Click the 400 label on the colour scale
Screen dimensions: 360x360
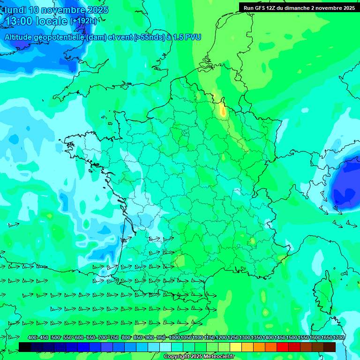pos(32,337)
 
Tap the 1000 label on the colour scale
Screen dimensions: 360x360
pos(174,337)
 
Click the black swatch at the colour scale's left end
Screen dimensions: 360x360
pos(25,347)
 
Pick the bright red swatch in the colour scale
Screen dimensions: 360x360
pos(283,347)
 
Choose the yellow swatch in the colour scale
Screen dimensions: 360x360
pos(236,347)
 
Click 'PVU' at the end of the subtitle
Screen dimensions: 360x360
pos(193,37)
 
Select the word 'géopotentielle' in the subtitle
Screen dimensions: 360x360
pos(59,37)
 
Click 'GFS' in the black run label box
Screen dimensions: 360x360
pos(260,8)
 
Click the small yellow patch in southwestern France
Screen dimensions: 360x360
pos(180,260)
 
